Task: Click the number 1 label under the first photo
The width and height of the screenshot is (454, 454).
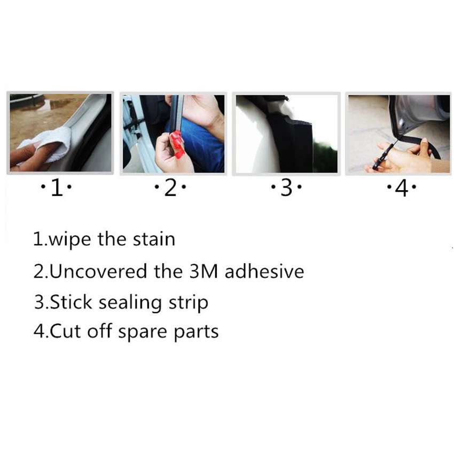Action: [x=57, y=187]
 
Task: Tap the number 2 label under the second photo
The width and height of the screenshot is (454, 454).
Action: [x=170, y=187]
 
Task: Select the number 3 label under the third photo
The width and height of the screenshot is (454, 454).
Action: [x=286, y=187]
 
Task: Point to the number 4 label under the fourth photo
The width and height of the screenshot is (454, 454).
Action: [x=402, y=188]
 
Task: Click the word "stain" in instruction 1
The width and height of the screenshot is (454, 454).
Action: [x=154, y=240]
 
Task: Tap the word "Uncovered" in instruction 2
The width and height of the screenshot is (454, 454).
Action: [x=98, y=271]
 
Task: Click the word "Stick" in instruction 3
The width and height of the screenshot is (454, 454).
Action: [x=71, y=302]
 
